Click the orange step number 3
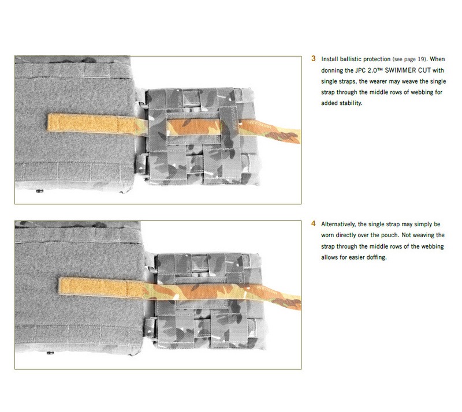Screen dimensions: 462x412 pos(314,59)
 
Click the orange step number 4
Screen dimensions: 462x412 pos(314,224)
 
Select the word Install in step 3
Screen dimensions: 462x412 pos(330,59)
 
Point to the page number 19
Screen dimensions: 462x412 pos(422,59)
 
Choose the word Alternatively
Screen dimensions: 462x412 pos(338,224)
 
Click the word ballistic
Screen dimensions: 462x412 pos(351,59)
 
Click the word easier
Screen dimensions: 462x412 pos(356,257)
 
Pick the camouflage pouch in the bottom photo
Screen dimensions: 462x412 pos(210,301)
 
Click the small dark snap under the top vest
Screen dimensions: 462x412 pos(40,191)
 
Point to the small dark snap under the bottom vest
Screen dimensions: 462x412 pos(50,353)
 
